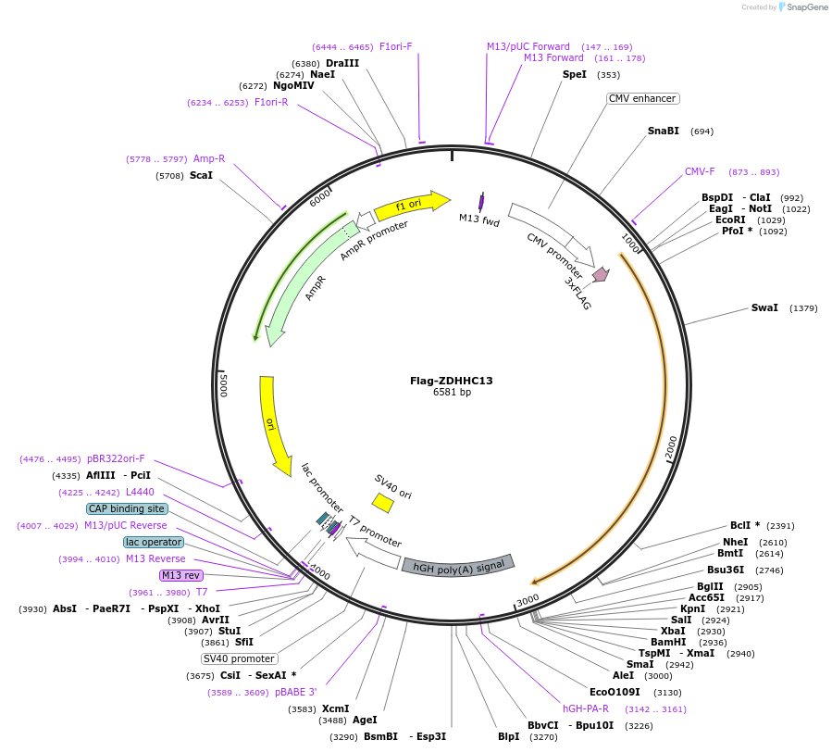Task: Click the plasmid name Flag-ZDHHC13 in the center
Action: tap(452, 381)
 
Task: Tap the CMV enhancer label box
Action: tap(642, 98)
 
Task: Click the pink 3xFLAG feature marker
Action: tap(601, 274)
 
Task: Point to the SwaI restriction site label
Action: tap(764, 307)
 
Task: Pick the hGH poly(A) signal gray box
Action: tap(458, 565)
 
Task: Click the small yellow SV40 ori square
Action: tap(382, 502)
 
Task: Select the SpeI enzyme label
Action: tap(574, 75)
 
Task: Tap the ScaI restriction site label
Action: tap(201, 175)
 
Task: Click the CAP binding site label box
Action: tap(127, 508)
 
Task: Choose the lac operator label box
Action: tap(154, 542)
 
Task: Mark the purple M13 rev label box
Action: tap(180, 575)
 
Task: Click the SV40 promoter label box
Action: tap(239, 658)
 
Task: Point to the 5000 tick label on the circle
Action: tap(223, 385)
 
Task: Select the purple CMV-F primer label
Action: tap(700, 171)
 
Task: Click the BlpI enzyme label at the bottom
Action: tap(509, 737)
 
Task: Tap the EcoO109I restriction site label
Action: tap(615, 692)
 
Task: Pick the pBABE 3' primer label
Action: tap(296, 692)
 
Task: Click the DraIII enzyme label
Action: tap(342, 63)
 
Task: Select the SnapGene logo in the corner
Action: tap(803, 7)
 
